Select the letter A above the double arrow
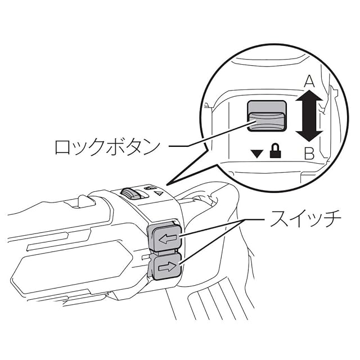point(308,82)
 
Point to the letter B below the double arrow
point(308,152)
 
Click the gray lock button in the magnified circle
point(267,116)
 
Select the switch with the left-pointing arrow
point(164,238)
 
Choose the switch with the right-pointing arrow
point(165,265)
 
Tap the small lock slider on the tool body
point(132,193)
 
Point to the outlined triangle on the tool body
point(159,192)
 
